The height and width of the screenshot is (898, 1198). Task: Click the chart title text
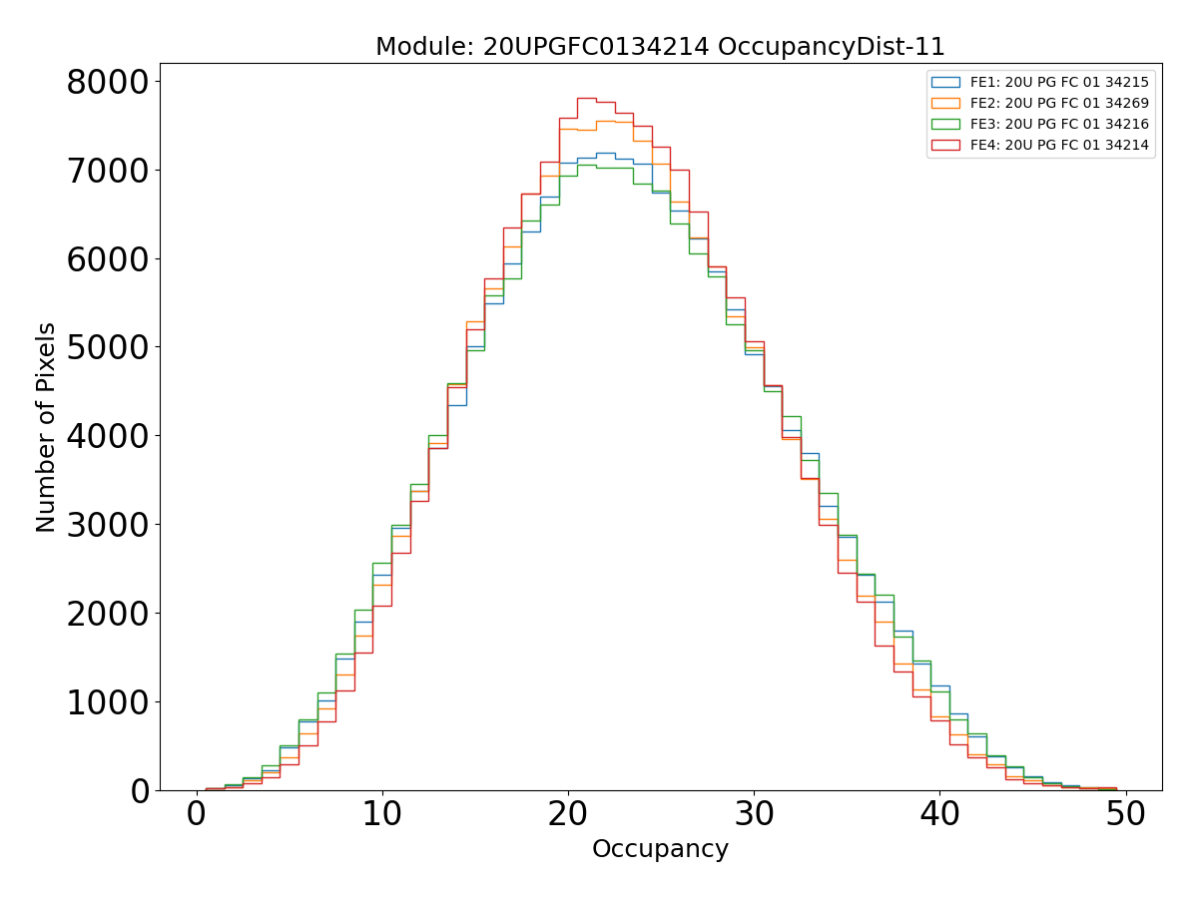pyautogui.click(x=660, y=47)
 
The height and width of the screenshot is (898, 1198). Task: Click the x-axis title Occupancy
pyautogui.click(x=660, y=849)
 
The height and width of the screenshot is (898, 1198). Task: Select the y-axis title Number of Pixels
pyautogui.click(x=46, y=427)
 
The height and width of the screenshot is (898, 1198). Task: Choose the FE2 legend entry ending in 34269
pyautogui.click(x=1059, y=103)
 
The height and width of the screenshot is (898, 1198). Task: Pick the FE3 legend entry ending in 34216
pyautogui.click(x=1059, y=124)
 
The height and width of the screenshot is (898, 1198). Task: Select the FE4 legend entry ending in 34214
pyautogui.click(x=1059, y=145)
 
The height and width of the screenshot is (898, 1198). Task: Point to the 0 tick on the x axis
pyautogui.click(x=197, y=815)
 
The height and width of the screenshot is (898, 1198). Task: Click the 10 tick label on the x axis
pyautogui.click(x=382, y=815)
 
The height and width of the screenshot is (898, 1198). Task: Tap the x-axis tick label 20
pyautogui.click(x=568, y=815)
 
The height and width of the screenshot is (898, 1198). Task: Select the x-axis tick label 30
pyautogui.click(x=754, y=815)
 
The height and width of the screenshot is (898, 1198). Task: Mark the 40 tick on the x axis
pyautogui.click(x=940, y=815)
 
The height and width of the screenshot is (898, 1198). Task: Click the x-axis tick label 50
pyautogui.click(x=1126, y=815)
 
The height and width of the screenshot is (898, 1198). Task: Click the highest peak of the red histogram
pyautogui.click(x=587, y=98)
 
